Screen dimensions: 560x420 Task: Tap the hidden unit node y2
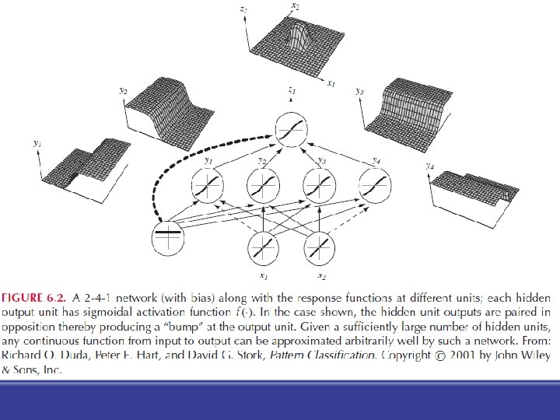tap(264, 187)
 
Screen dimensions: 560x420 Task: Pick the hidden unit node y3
tap(320, 187)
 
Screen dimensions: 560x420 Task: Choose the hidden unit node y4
tap(376, 187)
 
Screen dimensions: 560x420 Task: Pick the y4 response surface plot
tap(474, 187)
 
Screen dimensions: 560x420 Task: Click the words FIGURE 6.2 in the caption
tap(33, 298)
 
